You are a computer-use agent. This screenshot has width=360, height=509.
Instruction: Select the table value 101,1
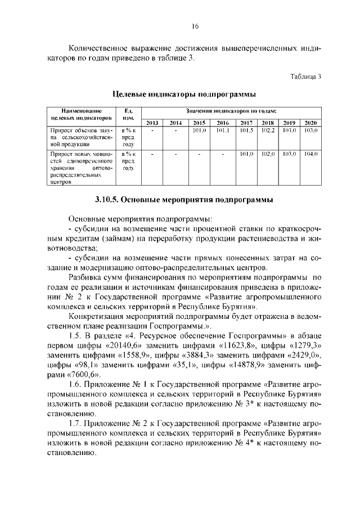[222, 130]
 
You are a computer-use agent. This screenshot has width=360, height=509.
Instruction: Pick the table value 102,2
[268, 130]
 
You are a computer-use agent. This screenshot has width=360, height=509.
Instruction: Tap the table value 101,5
[246, 130]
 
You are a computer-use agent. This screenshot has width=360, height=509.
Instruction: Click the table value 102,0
[268, 154]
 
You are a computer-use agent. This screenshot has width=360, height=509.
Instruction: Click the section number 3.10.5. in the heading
[105, 200]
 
